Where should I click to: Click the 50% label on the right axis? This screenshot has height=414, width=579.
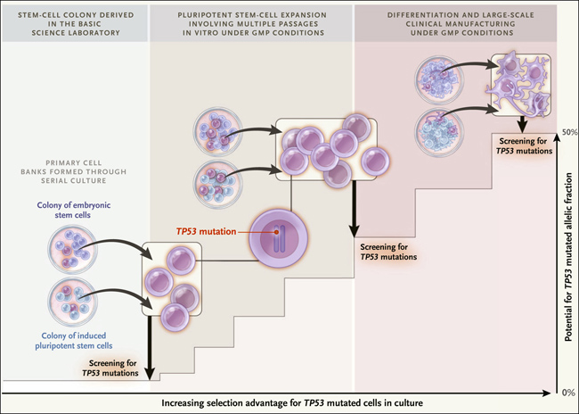click(x=569, y=132)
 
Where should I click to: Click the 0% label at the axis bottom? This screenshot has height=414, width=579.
click(x=568, y=393)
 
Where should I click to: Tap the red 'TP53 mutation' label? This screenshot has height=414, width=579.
click(x=206, y=232)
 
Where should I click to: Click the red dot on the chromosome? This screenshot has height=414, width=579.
click(x=276, y=232)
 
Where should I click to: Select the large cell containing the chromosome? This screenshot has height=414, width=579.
click(x=278, y=237)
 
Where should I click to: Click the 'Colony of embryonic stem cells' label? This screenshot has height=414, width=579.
click(x=73, y=210)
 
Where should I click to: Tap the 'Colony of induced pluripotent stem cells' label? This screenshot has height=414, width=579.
click(x=73, y=341)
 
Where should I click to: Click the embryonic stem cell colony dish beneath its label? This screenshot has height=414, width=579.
click(x=72, y=249)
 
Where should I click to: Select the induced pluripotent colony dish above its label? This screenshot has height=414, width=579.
click(x=73, y=302)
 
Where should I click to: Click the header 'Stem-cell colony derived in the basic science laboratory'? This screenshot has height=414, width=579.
click(x=76, y=24)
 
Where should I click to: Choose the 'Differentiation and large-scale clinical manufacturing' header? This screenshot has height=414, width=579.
click(x=461, y=24)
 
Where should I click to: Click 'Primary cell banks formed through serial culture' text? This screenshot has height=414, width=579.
click(x=73, y=171)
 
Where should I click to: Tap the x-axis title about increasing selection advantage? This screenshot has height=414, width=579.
click(x=292, y=403)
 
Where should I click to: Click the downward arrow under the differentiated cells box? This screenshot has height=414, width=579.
click(x=521, y=125)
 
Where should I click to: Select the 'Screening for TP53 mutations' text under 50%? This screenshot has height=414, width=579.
click(x=524, y=146)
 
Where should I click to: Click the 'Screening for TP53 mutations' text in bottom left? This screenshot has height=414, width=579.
click(x=110, y=368)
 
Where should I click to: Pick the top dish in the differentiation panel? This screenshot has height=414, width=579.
click(x=439, y=80)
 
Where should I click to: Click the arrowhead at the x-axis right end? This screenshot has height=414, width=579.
click(x=547, y=393)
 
